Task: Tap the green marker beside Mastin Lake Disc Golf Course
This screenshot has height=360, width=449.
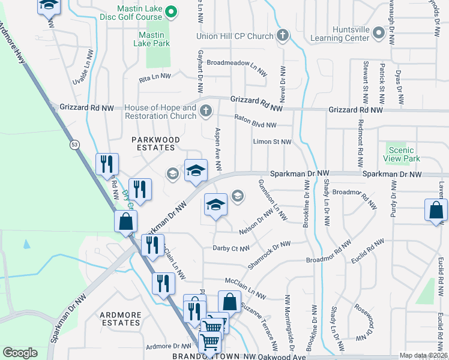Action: click(170, 11)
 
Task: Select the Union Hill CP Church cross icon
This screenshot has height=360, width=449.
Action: click(282, 36)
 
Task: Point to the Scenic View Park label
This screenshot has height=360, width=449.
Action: click(401, 154)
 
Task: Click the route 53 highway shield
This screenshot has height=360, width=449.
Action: click(74, 145)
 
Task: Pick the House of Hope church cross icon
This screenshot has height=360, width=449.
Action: click(206, 110)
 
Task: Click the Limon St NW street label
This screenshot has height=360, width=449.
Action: click(272, 142)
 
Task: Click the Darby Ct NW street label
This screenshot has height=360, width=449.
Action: click(231, 248)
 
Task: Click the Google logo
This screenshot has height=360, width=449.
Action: click(20, 353)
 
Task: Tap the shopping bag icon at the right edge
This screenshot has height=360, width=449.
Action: click(436, 210)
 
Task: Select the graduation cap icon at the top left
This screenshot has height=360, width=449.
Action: click(49, 5)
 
